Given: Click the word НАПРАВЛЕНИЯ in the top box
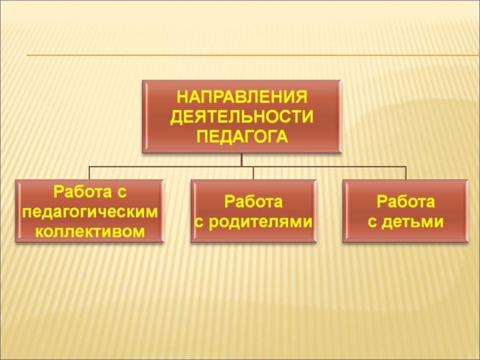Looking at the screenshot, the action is click(242, 97).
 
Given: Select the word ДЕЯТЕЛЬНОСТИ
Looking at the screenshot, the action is click(242, 116).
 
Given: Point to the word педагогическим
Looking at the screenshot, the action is click(90, 212).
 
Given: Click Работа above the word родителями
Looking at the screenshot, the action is click(253, 200).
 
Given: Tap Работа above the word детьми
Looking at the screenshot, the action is click(406, 200).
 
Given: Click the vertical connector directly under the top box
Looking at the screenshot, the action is click(242, 160).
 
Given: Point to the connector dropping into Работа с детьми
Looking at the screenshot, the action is click(406, 173).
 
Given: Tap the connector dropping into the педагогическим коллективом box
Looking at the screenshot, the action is click(89, 173).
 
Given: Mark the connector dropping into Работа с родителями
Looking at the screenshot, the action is click(253, 173).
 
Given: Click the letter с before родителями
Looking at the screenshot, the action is click(199, 222).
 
